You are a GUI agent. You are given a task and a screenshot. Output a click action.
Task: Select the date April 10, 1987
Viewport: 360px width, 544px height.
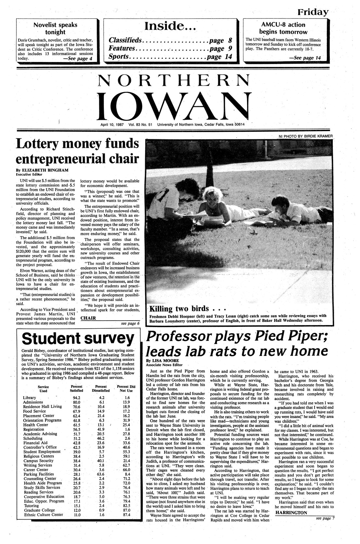pos(112,124)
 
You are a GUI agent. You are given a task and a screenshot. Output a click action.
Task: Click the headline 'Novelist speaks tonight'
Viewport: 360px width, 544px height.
pos(55,28)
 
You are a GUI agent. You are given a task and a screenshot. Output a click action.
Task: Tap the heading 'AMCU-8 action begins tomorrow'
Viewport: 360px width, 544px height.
pos(283,28)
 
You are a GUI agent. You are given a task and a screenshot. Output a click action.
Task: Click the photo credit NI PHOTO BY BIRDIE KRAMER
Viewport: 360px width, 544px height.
pos(306,136)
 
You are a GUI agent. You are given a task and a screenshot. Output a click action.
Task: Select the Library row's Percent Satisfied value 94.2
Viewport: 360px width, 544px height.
pos(77,398)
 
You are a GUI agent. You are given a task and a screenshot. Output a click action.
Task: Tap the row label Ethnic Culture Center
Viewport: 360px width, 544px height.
pos(43,514)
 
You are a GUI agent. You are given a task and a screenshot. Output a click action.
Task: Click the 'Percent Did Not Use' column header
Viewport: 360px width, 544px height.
pos(126,388)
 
